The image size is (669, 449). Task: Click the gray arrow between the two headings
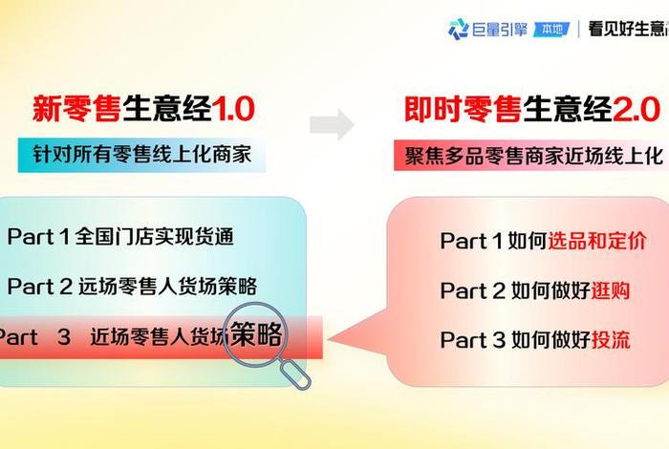click(x=332, y=123)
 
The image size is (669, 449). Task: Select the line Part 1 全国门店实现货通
click(x=120, y=236)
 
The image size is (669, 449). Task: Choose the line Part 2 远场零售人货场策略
click(x=132, y=285)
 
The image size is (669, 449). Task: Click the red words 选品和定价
click(x=596, y=241)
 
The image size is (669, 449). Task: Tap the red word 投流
click(x=611, y=340)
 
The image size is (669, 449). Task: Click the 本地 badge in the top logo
click(x=552, y=29)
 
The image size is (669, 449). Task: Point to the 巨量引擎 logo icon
click(x=459, y=29)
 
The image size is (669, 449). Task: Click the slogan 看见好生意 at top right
click(x=626, y=29)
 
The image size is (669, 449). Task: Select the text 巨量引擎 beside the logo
click(x=500, y=29)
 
